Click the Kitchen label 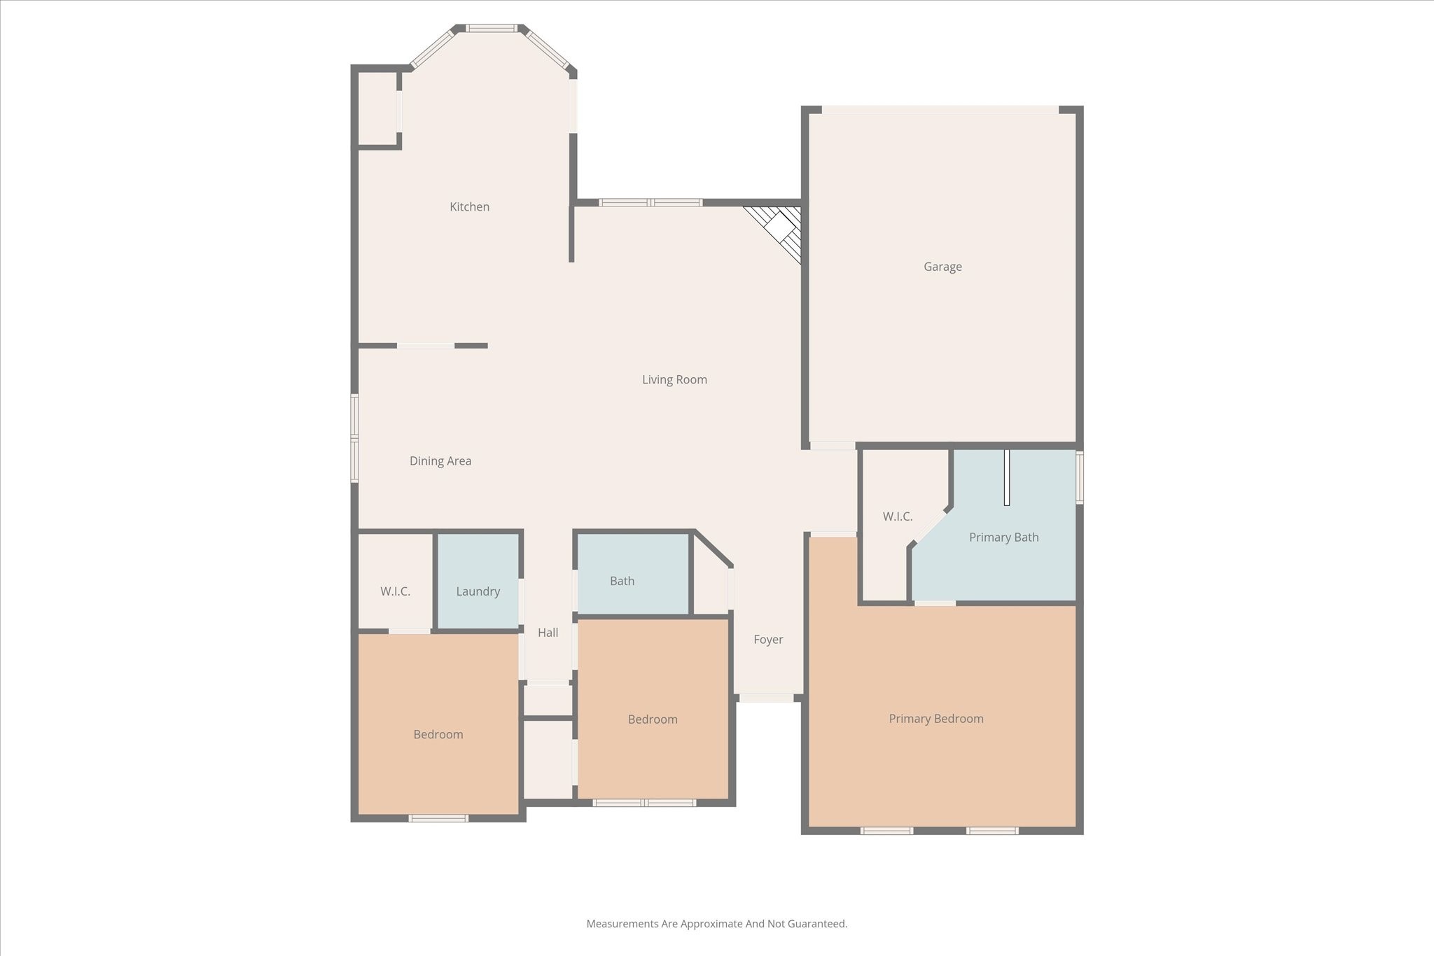469,206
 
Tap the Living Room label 674,379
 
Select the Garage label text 942,267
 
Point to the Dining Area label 440,461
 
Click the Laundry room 478,591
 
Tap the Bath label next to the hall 622,581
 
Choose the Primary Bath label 1003,537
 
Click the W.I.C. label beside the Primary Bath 897,516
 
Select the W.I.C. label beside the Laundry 395,591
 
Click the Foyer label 768,639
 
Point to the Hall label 548,633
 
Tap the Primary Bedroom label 935,719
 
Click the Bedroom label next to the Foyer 652,719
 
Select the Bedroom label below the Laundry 438,734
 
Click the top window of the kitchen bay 492,29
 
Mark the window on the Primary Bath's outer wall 1079,477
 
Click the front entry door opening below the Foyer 767,698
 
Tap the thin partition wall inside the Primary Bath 1007,477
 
